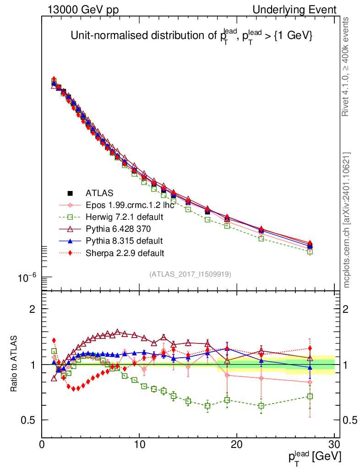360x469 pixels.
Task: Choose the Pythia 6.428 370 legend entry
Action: (118, 229)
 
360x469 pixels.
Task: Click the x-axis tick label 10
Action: (139, 445)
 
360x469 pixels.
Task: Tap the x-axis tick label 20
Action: (236, 445)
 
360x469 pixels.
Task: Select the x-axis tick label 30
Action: (334, 445)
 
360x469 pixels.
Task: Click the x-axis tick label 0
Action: (42, 445)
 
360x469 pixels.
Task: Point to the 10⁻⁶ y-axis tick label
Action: (27, 278)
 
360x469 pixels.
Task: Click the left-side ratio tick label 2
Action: (33, 309)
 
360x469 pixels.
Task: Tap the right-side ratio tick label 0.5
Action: (351, 420)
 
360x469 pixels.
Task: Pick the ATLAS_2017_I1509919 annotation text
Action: (190, 274)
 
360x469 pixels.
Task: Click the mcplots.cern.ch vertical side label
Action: (347, 220)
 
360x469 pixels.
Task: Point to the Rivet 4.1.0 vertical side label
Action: (346, 66)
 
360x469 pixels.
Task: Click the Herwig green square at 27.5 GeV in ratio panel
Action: (310, 397)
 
